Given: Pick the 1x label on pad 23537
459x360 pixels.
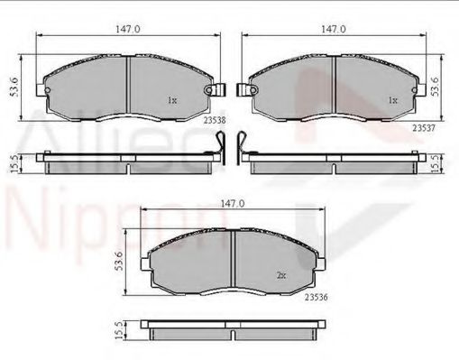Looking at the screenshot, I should point(391,100).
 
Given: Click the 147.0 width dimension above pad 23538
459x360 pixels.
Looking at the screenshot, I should point(127,29).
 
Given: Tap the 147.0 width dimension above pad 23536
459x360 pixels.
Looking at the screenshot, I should point(234,205).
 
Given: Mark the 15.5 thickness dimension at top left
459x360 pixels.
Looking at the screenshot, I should point(13,163).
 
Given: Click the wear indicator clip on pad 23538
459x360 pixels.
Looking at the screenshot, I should point(214,91).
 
